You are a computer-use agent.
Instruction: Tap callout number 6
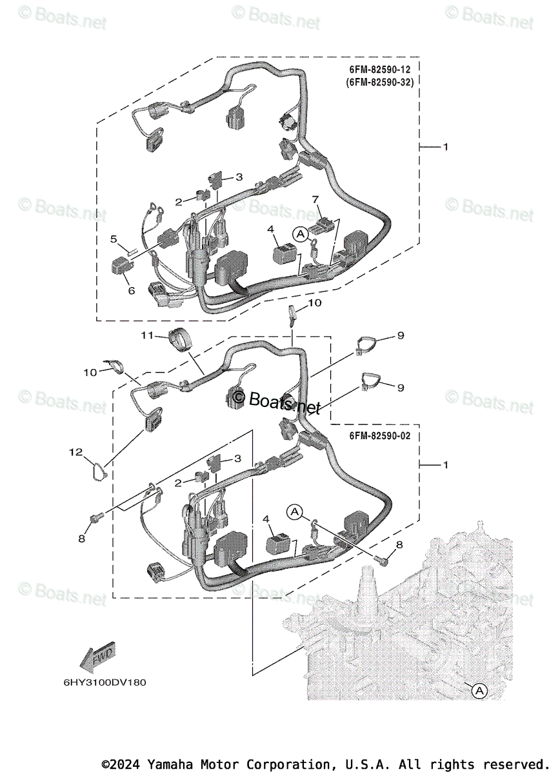point(131,291)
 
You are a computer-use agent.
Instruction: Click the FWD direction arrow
point(97,657)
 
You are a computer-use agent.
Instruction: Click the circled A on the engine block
point(478,691)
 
